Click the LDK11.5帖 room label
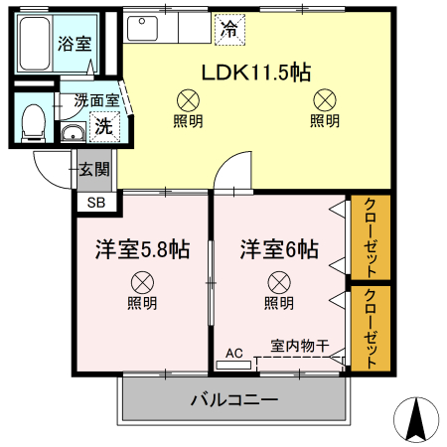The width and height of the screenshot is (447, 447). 257,72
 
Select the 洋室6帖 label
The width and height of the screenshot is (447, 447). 279,249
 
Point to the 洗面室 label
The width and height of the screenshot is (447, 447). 96,100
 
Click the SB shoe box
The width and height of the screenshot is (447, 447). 96,202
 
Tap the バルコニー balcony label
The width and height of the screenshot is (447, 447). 233,401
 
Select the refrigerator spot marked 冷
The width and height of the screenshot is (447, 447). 228,29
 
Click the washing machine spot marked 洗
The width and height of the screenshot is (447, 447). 103,125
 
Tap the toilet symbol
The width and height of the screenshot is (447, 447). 33,120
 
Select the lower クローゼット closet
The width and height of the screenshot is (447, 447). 371,329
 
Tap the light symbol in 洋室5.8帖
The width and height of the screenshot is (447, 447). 142,281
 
